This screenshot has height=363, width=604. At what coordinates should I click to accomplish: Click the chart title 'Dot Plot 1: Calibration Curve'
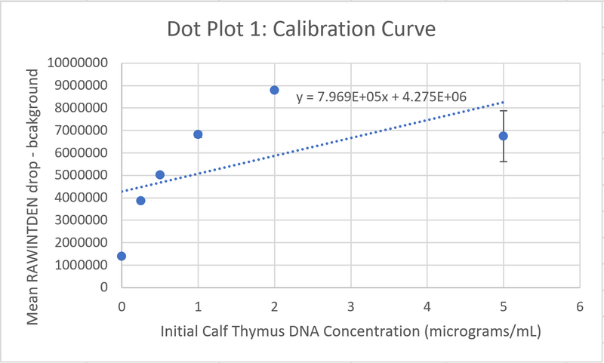click(302, 31)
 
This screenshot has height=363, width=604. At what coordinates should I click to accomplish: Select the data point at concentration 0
click(122, 256)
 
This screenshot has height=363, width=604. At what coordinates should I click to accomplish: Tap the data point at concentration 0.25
click(140, 201)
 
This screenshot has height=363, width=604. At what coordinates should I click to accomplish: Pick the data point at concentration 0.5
click(160, 175)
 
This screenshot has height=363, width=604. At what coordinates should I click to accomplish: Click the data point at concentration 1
click(198, 134)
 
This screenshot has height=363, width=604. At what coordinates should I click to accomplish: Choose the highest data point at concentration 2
click(274, 90)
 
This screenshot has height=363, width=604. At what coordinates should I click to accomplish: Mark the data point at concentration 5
click(503, 136)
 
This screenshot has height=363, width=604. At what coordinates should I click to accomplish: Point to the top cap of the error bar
click(503, 111)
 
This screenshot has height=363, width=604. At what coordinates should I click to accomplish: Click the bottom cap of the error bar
click(503, 162)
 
